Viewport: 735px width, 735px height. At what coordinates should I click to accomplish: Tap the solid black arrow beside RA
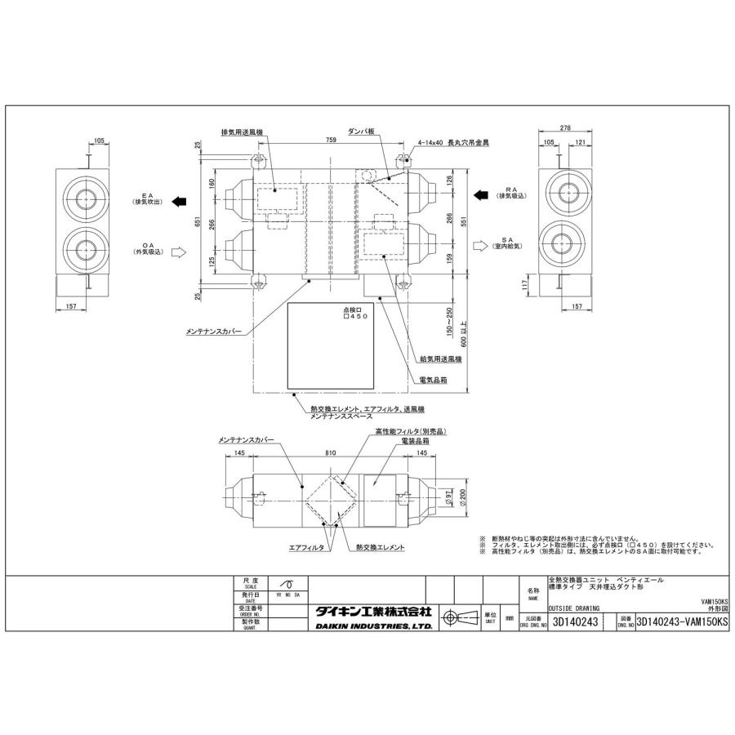tap(482, 195)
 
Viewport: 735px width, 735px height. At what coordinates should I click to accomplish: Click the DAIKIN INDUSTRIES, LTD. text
tap(373, 626)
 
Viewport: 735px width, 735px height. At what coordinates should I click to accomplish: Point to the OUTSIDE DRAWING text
tap(575, 608)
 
